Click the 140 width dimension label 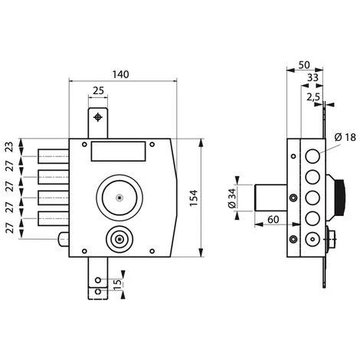point(121,74)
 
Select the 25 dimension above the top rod point(98,90)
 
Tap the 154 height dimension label point(194,198)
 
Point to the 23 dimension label point(9,147)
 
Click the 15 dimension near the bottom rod point(117,284)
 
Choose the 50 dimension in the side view point(304,65)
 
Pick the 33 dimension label point(313,77)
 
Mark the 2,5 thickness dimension point(313,97)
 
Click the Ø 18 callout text point(345,137)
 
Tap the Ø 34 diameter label point(232,198)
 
